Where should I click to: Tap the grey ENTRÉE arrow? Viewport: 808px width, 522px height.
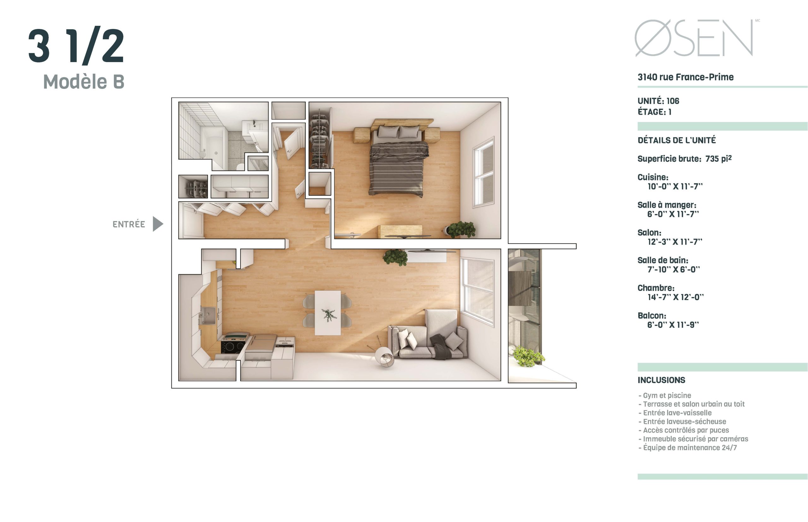coord(157,224)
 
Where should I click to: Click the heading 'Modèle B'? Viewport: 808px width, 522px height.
coord(84,82)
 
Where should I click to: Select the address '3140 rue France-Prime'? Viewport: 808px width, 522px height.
coord(685,77)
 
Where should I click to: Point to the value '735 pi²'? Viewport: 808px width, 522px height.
coord(718,158)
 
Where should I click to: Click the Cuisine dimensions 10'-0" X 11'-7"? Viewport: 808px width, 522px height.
coord(674,186)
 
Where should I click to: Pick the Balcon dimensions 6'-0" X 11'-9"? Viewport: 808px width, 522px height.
coord(673,324)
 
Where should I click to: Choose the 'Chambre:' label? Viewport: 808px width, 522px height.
coord(656,288)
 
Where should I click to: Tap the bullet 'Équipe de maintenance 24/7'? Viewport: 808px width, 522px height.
coord(687,447)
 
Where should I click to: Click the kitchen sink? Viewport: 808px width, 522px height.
coord(207,315)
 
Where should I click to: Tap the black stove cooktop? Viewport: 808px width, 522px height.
coord(233,346)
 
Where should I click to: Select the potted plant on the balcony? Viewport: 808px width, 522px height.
coord(528,356)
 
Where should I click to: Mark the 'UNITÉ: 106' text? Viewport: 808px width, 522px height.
coord(658,101)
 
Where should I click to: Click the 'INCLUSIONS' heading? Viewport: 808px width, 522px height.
coord(661,380)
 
